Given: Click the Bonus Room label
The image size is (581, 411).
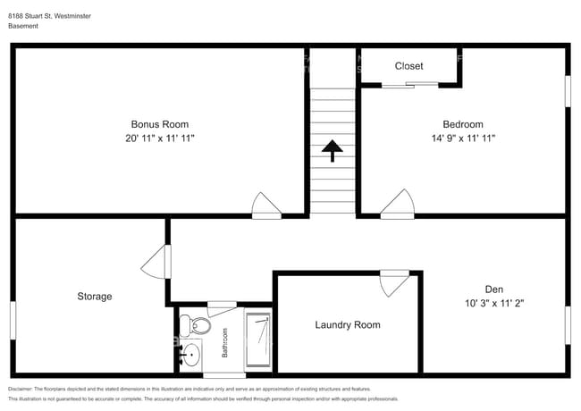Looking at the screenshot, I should (x=160, y=124).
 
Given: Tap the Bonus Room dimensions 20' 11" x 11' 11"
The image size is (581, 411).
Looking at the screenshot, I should (x=160, y=138).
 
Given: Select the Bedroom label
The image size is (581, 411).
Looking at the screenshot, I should (x=463, y=124).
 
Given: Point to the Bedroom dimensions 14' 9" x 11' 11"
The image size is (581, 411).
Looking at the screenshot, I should (x=463, y=138).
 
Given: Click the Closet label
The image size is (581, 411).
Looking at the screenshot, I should (x=409, y=66).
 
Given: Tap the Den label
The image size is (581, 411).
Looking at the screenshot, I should (x=493, y=289).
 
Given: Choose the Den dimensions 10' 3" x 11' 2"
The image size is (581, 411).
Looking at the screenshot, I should (x=493, y=303).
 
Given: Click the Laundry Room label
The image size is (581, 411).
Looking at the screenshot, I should (x=348, y=324).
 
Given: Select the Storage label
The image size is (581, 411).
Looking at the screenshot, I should (x=94, y=296).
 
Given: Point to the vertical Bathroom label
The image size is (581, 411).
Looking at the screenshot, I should (x=225, y=342).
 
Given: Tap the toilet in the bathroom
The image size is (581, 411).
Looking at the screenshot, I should (x=196, y=323).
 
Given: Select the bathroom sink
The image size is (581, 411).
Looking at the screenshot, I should (x=189, y=355).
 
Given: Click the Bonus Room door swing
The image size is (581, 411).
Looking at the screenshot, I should (x=265, y=205).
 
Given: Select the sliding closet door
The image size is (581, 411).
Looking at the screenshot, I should (x=409, y=86).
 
